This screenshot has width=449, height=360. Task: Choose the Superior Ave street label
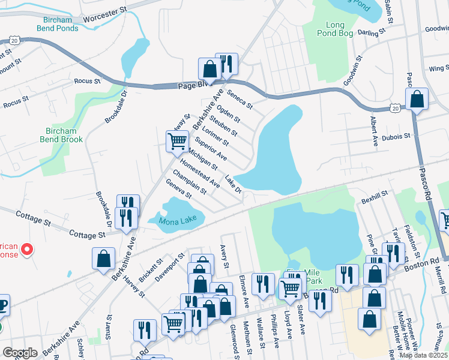pos(210,148)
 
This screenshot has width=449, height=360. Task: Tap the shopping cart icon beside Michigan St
pos(178,142)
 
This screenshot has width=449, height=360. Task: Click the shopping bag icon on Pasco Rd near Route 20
pos(417,99)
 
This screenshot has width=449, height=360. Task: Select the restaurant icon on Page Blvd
pos(226,64)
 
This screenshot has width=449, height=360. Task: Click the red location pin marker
pos(26,249)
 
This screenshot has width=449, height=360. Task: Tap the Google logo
pos(20,353)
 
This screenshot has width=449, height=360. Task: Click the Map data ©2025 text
pos(423,355)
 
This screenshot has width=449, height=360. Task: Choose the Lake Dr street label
pos(233,185)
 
